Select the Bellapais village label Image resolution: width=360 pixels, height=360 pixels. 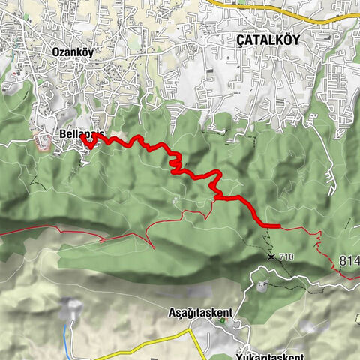pyautogui.click(x=79, y=135)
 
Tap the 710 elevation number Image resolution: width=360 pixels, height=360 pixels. pyautogui.click(x=286, y=257)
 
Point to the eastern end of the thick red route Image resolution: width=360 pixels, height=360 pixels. pyautogui.click(x=278, y=225)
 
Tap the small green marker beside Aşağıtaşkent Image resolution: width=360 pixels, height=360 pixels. pyautogui.click(x=223, y=322)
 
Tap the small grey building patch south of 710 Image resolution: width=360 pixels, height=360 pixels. pyautogui.click(x=262, y=285)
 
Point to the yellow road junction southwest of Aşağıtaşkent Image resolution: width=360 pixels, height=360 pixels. pyautogui.click(x=190, y=332)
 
